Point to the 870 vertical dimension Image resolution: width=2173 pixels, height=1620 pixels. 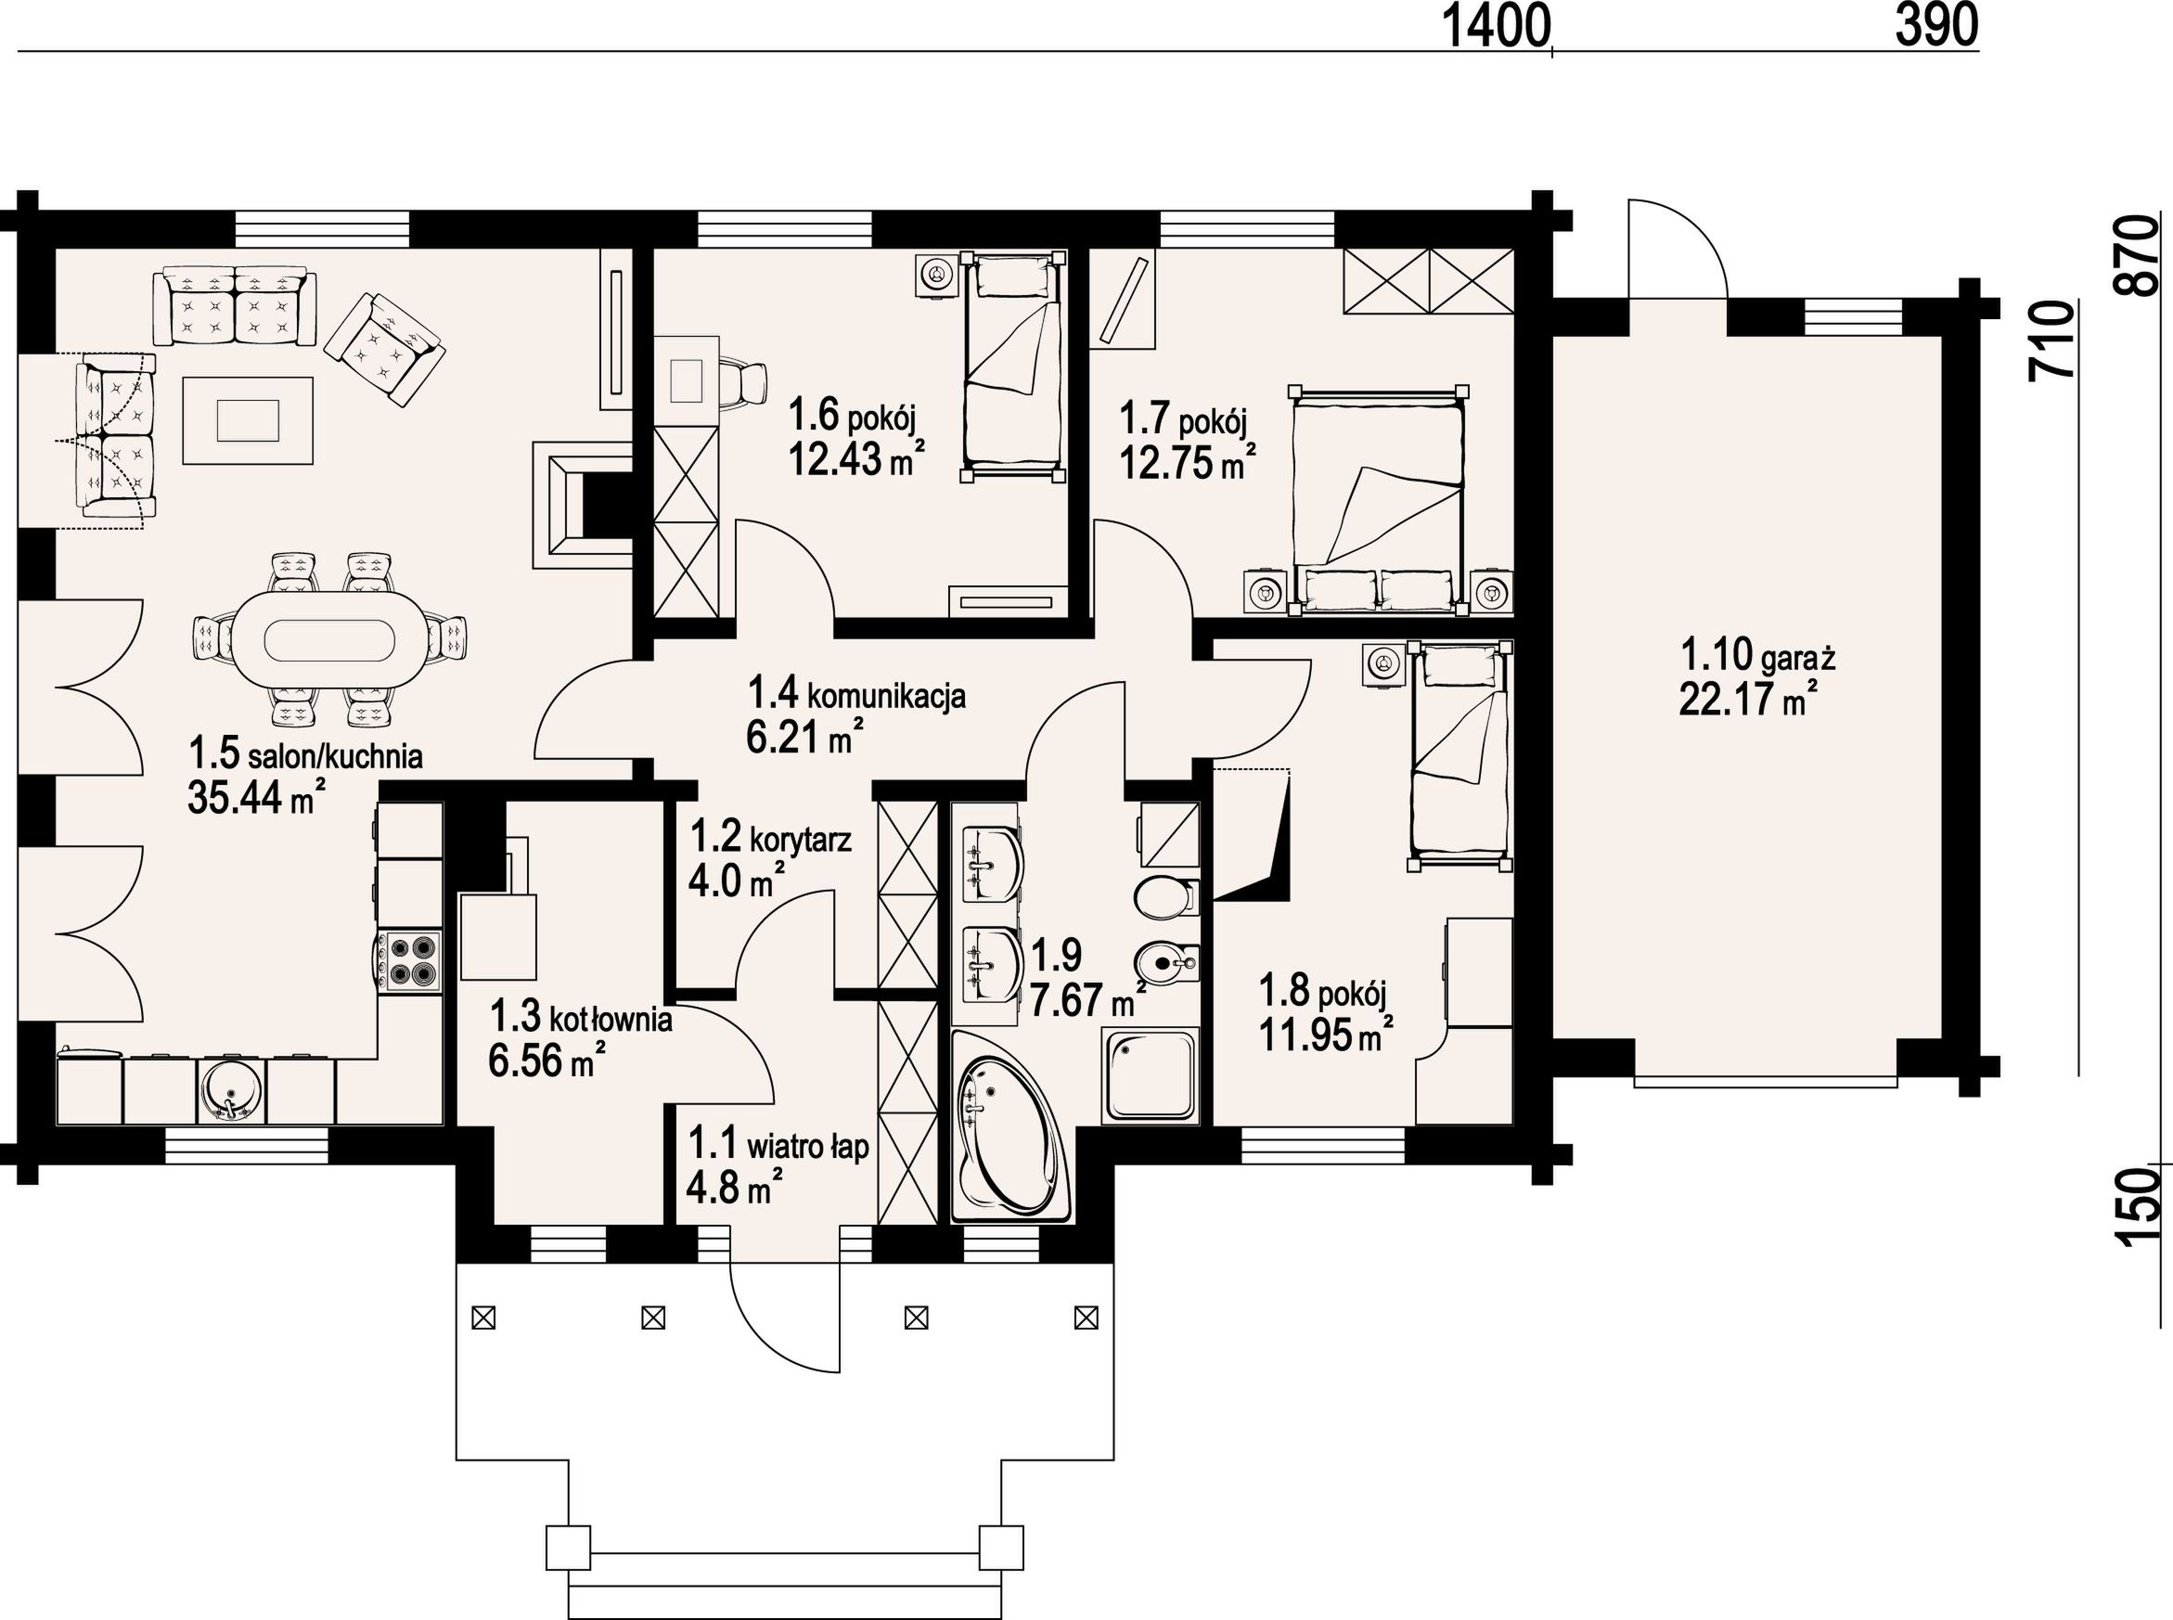2139,255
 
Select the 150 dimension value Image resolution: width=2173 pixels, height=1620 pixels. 2139,1207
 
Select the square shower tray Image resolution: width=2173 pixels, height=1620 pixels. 1151,1075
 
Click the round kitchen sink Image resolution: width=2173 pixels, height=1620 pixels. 231,1091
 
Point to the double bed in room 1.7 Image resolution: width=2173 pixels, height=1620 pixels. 1379,500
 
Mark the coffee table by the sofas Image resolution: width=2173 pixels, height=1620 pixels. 248,420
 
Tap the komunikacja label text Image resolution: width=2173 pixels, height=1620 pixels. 886,695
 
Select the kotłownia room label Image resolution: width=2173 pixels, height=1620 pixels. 610,1020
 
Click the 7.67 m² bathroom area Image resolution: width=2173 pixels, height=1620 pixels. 1087,1000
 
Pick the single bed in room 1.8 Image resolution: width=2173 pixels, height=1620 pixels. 1459,756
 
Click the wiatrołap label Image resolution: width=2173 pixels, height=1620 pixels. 808,1147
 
